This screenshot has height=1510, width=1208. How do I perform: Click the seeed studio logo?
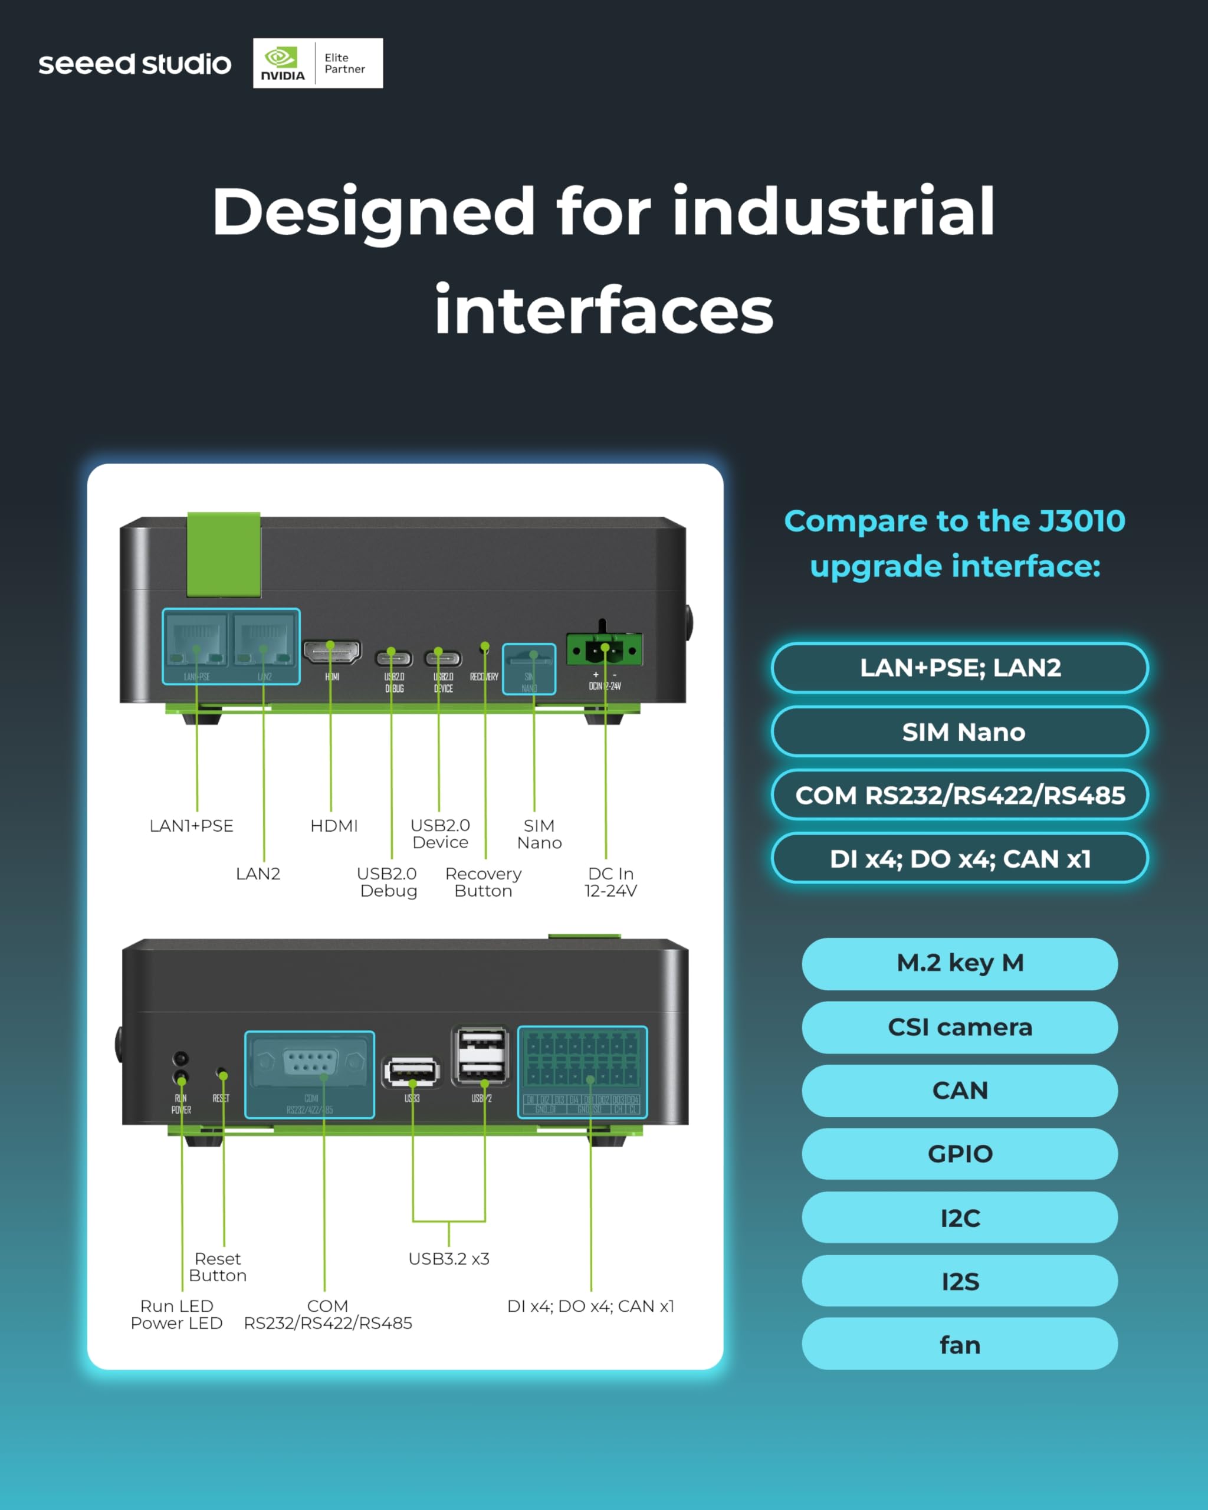(134, 64)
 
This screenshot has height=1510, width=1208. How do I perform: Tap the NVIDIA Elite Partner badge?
(317, 63)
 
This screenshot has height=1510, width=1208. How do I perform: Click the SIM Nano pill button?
(960, 731)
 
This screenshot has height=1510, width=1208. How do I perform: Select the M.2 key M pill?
(960, 963)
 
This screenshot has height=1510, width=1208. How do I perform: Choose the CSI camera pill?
(960, 1027)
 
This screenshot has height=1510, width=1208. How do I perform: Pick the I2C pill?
(960, 1217)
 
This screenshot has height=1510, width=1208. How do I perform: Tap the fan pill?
(960, 1344)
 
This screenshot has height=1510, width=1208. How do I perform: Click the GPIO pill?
(960, 1154)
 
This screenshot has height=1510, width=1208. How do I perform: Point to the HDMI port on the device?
(332, 651)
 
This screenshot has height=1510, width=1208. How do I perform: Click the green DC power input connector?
(603, 650)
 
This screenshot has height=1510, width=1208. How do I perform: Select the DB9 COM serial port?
(310, 1063)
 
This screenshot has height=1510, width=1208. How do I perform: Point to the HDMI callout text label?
(334, 826)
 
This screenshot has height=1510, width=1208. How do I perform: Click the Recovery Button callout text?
(483, 882)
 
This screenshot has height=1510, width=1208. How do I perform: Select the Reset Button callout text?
(218, 1267)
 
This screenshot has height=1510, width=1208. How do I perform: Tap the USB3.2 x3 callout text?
(449, 1259)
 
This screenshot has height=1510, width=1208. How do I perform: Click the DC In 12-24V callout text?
(610, 882)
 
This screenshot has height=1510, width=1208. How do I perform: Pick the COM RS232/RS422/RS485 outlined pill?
(960, 795)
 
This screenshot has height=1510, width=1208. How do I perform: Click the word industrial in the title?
(833, 212)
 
